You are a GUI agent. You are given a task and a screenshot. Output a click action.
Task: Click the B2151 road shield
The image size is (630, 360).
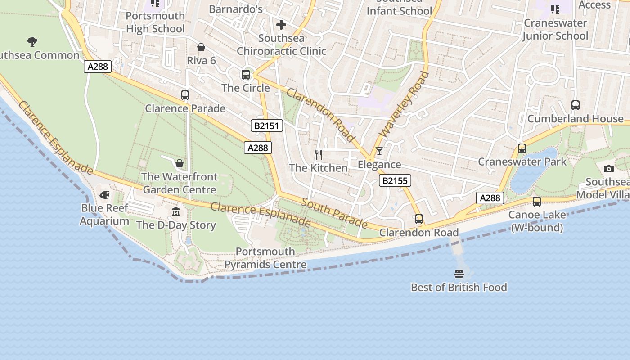coord(267,126)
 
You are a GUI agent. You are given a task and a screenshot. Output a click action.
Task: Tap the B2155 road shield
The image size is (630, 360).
coord(395,181)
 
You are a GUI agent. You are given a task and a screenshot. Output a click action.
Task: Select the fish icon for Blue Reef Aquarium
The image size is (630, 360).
coord(104,195)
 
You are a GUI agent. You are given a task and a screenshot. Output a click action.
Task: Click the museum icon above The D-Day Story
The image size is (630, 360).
coord(176,211)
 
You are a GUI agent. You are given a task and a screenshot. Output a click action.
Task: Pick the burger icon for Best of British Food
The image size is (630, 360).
coord(459,274)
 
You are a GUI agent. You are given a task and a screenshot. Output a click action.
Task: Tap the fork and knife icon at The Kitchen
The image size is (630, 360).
coord(319,155)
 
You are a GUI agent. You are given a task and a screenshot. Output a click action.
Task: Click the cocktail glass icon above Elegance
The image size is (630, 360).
coord(379,151)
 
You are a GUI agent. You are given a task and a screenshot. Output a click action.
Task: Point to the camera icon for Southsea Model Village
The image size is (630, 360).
coord(609,169)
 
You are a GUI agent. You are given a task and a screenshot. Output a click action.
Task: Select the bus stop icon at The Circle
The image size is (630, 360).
coord(246,75)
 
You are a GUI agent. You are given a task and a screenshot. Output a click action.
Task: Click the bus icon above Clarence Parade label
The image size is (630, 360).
coord(185,95)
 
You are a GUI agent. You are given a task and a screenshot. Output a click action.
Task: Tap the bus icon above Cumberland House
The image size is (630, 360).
coord(575,105)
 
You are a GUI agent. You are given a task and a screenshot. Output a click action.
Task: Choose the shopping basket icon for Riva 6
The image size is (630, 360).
coord(201,47)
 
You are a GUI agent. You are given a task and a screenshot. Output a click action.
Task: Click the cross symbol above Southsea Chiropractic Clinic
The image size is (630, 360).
coord(281,25)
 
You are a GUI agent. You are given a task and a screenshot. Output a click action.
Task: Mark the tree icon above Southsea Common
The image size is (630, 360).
coord(32,42)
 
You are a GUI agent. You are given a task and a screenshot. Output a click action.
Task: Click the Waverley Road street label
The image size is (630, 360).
coord(404,104)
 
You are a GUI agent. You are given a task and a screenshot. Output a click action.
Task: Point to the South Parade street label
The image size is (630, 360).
coord(334,213)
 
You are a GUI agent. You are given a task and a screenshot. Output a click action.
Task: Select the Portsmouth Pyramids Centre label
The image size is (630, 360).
coord(265,258)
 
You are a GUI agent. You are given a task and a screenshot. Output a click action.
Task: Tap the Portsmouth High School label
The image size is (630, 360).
coord(155,22)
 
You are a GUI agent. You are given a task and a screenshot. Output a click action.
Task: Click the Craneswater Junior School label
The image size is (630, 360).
coord(555,29)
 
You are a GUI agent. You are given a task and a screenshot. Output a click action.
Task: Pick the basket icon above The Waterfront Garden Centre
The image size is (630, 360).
coord(180,163)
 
